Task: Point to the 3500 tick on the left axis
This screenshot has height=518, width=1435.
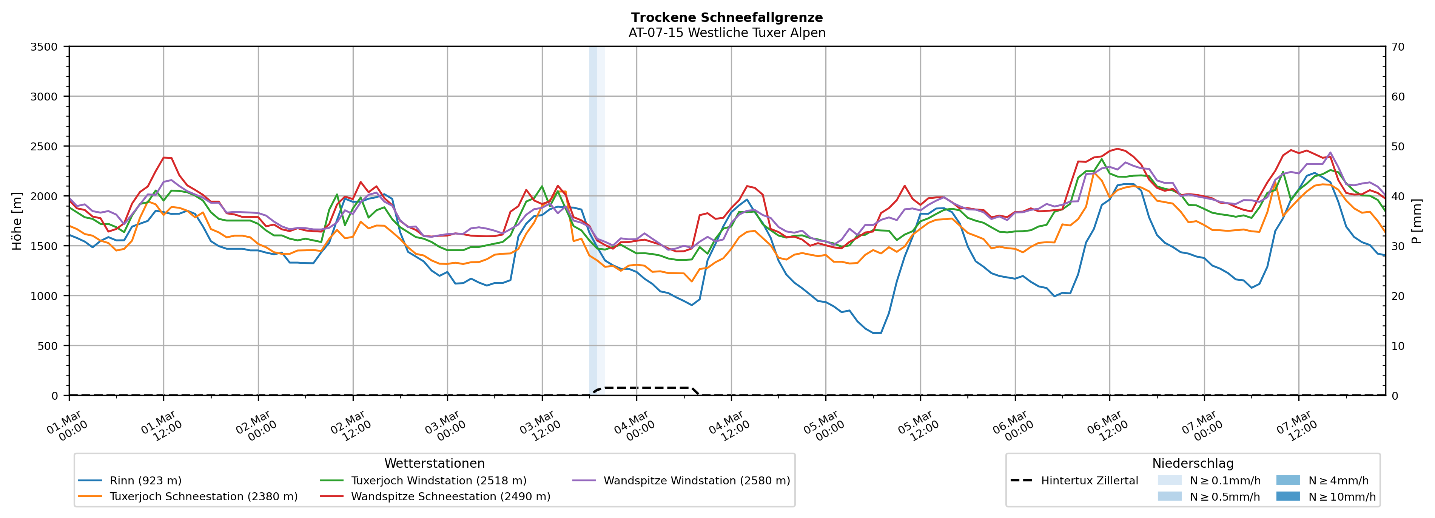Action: (x=44, y=47)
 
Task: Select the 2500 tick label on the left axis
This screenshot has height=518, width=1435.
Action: (x=44, y=147)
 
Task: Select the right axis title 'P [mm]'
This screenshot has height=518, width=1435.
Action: (x=1417, y=221)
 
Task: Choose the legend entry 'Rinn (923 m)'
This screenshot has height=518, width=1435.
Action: (x=145, y=481)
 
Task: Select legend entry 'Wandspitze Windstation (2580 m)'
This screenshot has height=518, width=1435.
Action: (x=696, y=481)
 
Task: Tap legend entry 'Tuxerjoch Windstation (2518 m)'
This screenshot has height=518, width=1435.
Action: (x=438, y=481)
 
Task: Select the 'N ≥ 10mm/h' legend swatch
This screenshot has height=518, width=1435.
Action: (x=1287, y=496)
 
